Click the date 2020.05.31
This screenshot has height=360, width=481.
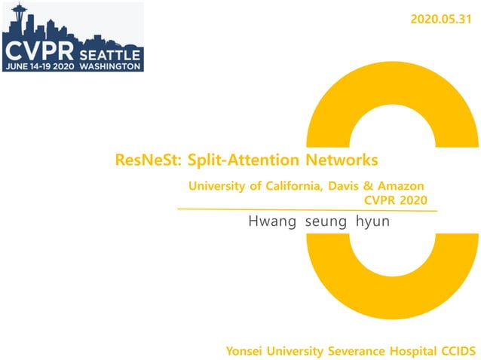pos(442,20)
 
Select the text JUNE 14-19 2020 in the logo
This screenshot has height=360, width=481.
pos(40,66)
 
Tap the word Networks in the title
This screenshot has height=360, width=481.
pos(339,160)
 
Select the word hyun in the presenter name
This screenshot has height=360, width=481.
pos(372,222)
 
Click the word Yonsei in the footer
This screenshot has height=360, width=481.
pos(244,351)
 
